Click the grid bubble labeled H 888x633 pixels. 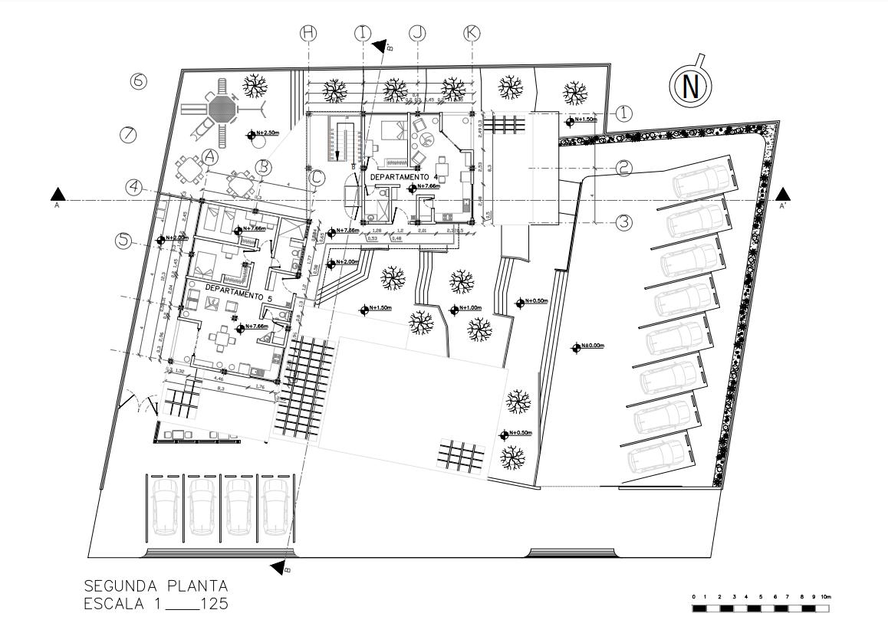click(308, 33)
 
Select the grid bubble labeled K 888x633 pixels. click(472, 33)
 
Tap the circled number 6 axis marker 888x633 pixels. click(139, 80)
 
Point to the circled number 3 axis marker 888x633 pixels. click(624, 222)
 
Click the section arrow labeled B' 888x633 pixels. click(380, 44)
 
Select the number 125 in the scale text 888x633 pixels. click(212, 605)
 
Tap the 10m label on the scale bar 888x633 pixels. click(825, 596)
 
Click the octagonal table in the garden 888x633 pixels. click(223, 108)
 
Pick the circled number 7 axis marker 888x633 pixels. click(128, 135)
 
